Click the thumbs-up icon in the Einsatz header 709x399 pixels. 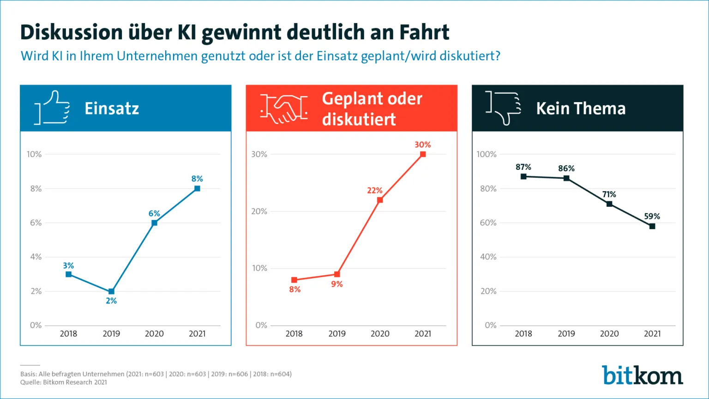click(52, 108)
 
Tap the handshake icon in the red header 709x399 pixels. click(283, 108)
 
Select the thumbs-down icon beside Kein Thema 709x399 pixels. click(504, 108)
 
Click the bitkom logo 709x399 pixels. click(642, 375)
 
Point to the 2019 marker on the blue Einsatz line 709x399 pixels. click(111, 291)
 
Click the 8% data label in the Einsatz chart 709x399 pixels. click(197, 179)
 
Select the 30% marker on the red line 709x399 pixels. click(423, 154)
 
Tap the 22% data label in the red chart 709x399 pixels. click(375, 190)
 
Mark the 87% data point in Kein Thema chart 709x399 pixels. click(523, 176)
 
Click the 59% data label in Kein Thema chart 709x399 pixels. click(652, 216)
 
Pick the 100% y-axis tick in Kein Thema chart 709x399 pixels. click(487, 154)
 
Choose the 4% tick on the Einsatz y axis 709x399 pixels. click(36, 257)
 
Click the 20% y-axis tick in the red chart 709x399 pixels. click(259, 212)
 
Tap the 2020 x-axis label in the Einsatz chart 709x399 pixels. click(154, 333)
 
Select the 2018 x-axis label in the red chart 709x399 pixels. click(294, 333)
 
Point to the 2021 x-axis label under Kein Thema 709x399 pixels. click(652, 333)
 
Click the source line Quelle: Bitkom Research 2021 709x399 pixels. click(64, 382)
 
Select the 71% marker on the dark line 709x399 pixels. click(609, 204)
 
